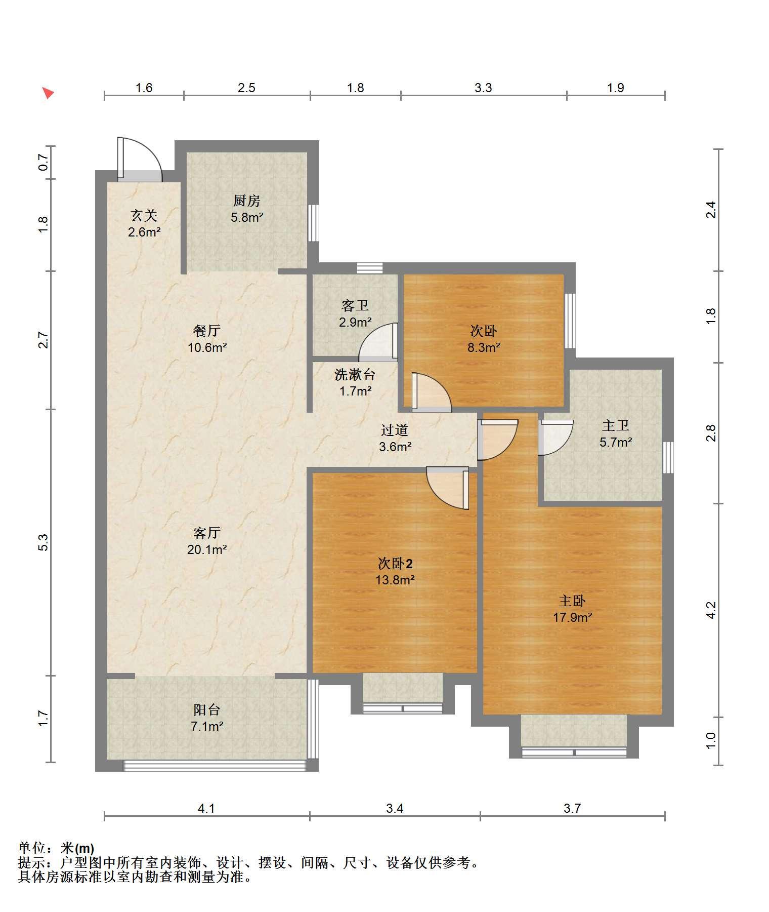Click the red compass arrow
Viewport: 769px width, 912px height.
click(48, 93)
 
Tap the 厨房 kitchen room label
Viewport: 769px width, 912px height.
click(246, 201)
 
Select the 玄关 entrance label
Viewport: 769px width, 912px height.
click(144, 216)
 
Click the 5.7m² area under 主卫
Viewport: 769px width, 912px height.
click(616, 442)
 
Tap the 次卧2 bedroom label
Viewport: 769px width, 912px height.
click(395, 564)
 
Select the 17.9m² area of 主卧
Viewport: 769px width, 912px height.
click(572, 617)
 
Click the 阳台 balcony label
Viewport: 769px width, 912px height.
click(207, 709)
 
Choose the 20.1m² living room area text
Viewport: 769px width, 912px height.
click(207, 549)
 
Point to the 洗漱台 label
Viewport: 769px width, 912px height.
click(355, 375)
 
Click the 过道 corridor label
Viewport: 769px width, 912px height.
click(395, 430)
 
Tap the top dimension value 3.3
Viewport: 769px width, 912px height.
click(483, 88)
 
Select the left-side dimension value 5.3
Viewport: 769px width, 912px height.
click(44, 542)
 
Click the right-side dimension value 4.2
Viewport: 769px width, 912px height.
click(711, 610)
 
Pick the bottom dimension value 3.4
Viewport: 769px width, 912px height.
click(395, 808)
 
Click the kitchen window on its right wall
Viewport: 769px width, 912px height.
click(314, 223)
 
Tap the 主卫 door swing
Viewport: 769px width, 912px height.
click(556, 438)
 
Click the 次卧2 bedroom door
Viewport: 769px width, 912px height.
click(447, 488)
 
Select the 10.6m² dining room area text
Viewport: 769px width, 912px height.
click(207, 347)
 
